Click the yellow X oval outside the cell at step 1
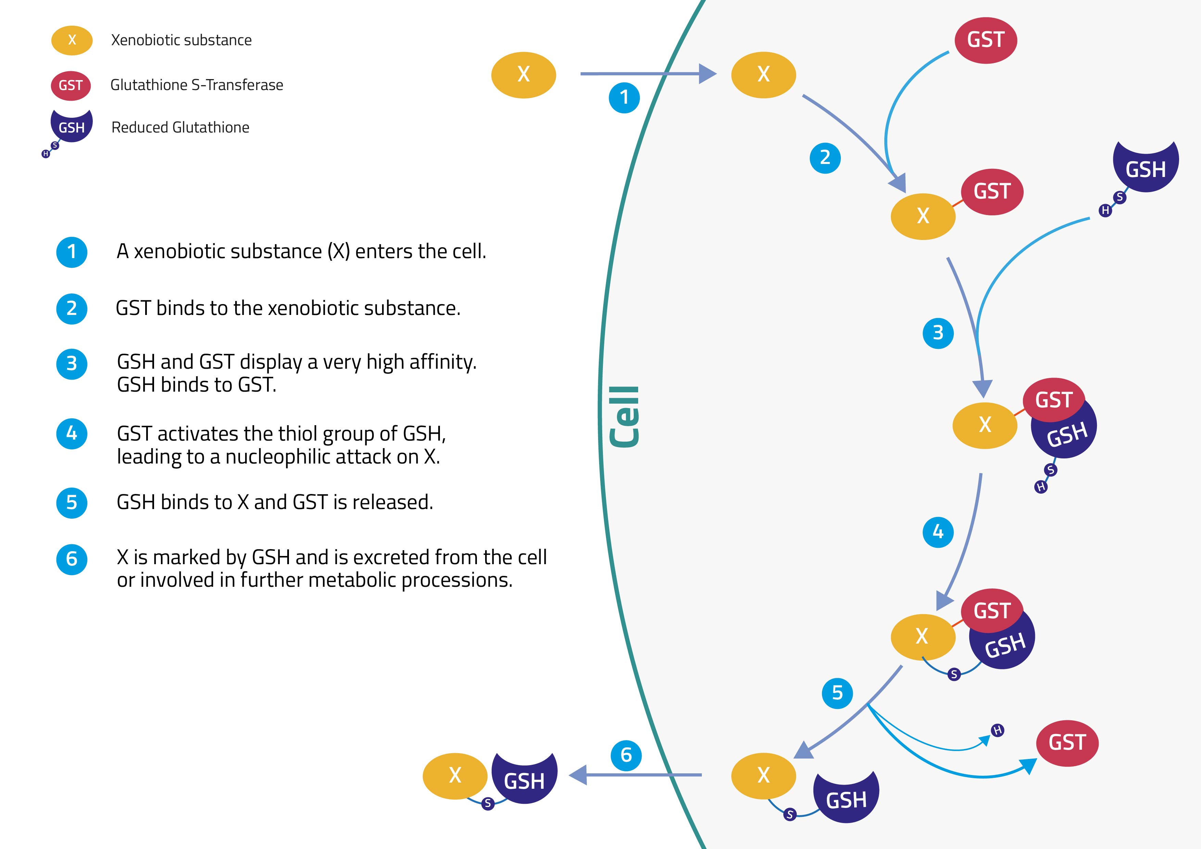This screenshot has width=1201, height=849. pos(523,75)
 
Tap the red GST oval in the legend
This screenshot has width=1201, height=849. pos(71,85)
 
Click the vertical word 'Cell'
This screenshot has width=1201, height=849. pos(624,417)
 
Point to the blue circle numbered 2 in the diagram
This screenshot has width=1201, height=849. pos(825,158)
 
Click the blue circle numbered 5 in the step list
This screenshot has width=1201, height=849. pos(72,503)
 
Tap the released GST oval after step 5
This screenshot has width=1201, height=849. pos(1067,743)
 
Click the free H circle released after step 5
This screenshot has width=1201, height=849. pos(998,730)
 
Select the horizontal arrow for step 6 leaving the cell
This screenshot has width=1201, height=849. pos(635,775)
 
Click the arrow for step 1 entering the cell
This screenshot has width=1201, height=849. pos(649,74)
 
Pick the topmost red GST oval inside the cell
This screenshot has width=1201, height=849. pos(986,40)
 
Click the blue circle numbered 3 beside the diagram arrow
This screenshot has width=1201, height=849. pos(938,333)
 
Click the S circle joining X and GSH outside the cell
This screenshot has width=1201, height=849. pos(488,803)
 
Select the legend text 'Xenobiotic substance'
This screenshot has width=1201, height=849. pos(181,40)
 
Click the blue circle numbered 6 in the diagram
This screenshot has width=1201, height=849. pos(626,755)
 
